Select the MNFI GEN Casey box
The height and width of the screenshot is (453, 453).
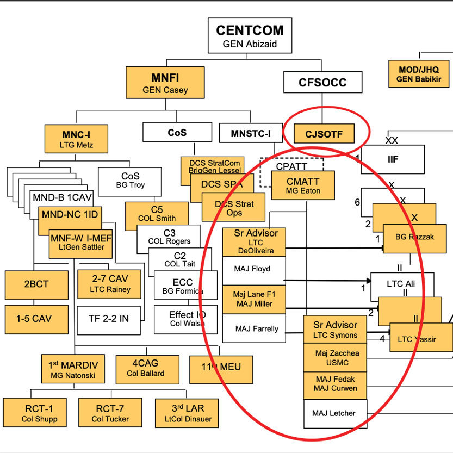(165, 82)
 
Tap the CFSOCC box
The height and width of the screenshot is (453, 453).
(322, 83)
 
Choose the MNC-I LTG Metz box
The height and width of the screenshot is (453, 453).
(76, 139)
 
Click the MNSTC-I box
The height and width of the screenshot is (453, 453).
(250, 133)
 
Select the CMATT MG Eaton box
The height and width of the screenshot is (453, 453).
(303, 185)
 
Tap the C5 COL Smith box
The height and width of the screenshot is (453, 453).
(157, 214)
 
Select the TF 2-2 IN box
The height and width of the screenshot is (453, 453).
(109, 319)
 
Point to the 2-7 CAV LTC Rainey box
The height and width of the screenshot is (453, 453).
(110, 283)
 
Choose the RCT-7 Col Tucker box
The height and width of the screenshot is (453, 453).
(110, 413)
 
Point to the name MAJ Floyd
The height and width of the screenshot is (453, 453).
(252, 269)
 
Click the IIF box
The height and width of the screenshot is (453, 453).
(393, 159)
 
